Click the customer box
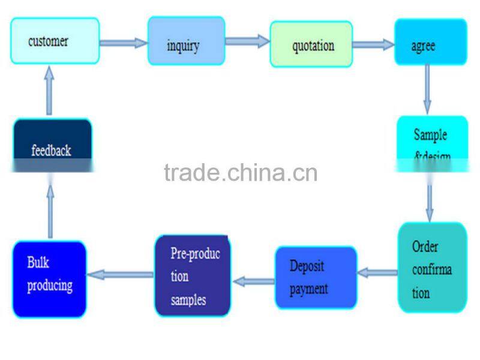[x=55, y=41]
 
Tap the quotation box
[x=311, y=44]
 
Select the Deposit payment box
[x=316, y=277]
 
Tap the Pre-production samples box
[x=192, y=275]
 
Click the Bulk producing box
[x=49, y=279]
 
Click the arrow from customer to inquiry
[x=123, y=43]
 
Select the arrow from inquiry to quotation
[x=247, y=41]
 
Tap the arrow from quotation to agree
[x=373, y=44]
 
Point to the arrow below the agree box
[x=427, y=88]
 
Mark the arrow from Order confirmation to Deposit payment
[x=377, y=273]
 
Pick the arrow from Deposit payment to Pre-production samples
[x=253, y=279]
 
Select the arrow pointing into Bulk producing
[x=121, y=275]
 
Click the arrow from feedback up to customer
[x=49, y=91]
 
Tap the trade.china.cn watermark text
[x=240, y=173]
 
